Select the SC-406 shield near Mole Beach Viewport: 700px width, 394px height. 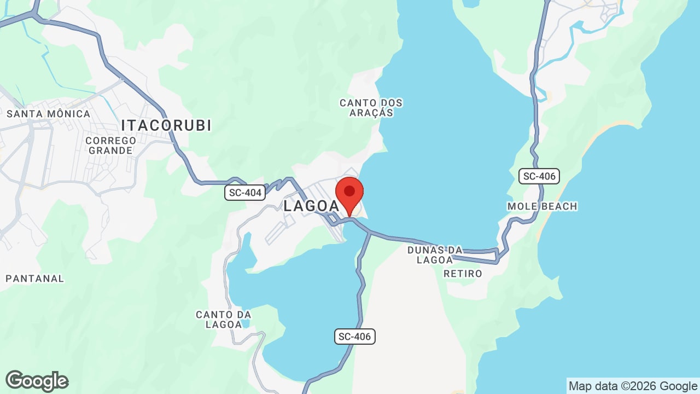click(539, 176)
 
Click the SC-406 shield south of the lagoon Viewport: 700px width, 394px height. click(355, 337)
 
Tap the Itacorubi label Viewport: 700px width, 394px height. click(166, 125)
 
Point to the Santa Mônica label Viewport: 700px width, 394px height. click(48, 114)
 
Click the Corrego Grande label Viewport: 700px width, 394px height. click(110, 145)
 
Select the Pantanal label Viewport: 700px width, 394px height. click(35, 279)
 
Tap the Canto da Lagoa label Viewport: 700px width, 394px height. click(224, 319)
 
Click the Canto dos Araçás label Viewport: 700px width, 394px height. click(371, 107)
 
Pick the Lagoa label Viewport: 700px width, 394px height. click(311, 206)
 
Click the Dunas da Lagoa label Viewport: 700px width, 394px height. click(435, 255)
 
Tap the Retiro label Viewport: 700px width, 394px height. click(463, 274)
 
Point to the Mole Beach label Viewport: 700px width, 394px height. click(542, 206)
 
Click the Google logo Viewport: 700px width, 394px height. click(37, 381)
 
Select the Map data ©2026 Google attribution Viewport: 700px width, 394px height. click(633, 386)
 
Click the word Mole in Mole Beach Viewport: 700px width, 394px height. click(523, 206)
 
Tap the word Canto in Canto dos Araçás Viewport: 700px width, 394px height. click(356, 103)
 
